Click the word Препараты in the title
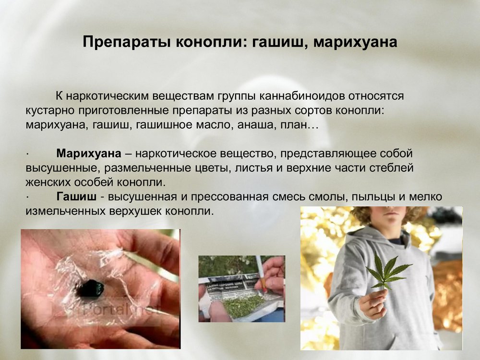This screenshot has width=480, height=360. click(x=126, y=42)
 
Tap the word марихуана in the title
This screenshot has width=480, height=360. click(x=355, y=42)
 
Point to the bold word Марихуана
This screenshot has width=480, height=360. click(x=89, y=154)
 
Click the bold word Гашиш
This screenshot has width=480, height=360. click(x=76, y=196)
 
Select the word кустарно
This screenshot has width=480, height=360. click(x=50, y=110)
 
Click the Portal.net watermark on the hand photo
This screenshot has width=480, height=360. click(x=122, y=310)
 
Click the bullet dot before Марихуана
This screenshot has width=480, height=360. click(x=27, y=154)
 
